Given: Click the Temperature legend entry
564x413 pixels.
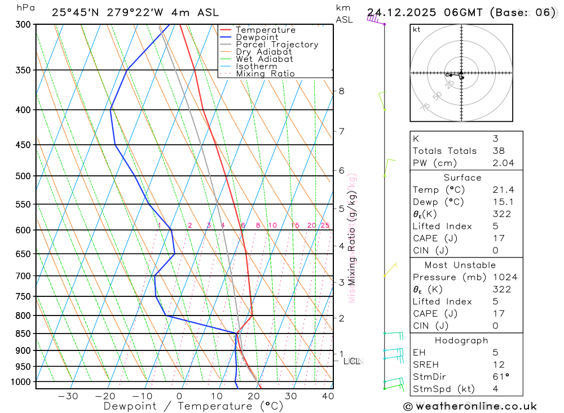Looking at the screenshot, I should click(x=265, y=30).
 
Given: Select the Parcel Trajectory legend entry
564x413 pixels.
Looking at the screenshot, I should click(x=276, y=45).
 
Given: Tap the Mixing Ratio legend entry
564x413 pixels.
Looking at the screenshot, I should click(x=265, y=74).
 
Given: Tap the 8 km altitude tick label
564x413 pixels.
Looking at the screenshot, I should click(x=341, y=91).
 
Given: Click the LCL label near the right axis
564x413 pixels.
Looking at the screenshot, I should click(x=352, y=361).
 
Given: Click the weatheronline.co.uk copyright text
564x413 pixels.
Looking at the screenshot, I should click(x=470, y=406).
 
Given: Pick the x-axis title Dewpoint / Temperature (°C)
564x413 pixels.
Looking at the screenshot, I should click(x=193, y=406).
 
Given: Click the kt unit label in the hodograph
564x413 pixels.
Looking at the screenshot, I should click(x=417, y=29).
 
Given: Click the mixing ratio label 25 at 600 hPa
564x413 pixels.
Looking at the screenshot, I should click(x=325, y=225).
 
